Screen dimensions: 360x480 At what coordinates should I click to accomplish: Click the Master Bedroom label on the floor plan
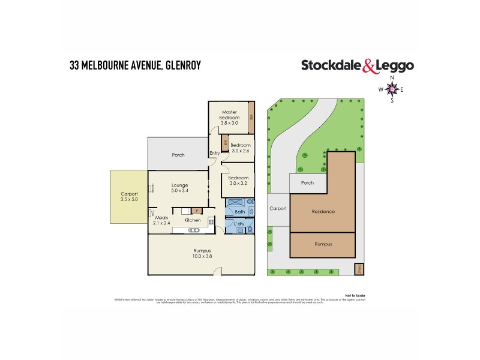pyautogui.click(x=230, y=115)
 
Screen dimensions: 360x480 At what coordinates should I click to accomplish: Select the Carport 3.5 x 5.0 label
pyautogui.click(x=129, y=197)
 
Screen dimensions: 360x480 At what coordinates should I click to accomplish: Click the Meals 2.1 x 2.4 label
pyautogui.click(x=161, y=220)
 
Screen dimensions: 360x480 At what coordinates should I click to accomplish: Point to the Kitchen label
pyautogui.click(x=193, y=220)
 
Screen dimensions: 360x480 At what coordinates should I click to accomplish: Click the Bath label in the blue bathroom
pyautogui.click(x=239, y=212)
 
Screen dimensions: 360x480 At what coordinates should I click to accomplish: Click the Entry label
pyautogui.click(x=214, y=154)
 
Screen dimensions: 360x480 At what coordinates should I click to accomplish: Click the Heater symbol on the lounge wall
pyautogui.click(x=153, y=188)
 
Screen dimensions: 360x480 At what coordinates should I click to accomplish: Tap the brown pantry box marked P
pyautogui.click(x=196, y=211)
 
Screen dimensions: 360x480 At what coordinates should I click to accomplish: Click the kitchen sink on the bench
pyautogui.click(x=193, y=230)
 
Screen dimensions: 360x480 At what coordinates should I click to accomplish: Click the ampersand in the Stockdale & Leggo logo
pyautogui.click(x=370, y=67)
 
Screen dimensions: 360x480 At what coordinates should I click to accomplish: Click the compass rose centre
pyautogui.click(x=392, y=89)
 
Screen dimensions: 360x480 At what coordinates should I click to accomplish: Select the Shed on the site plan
pyautogui.click(x=360, y=269)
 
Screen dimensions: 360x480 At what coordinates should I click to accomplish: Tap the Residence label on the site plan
pyautogui.click(x=323, y=211)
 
